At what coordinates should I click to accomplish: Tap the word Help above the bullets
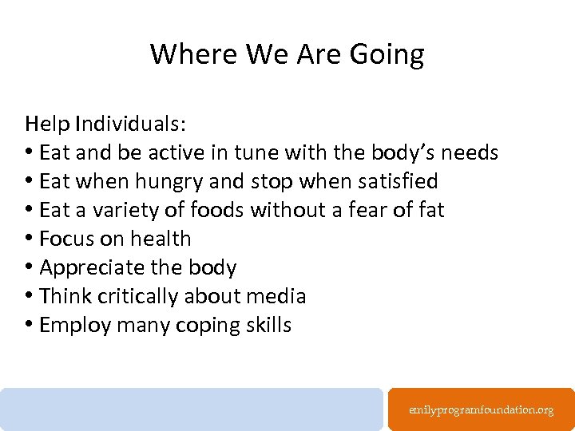47,124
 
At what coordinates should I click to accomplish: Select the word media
276,296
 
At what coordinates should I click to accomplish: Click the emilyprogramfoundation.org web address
481,409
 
